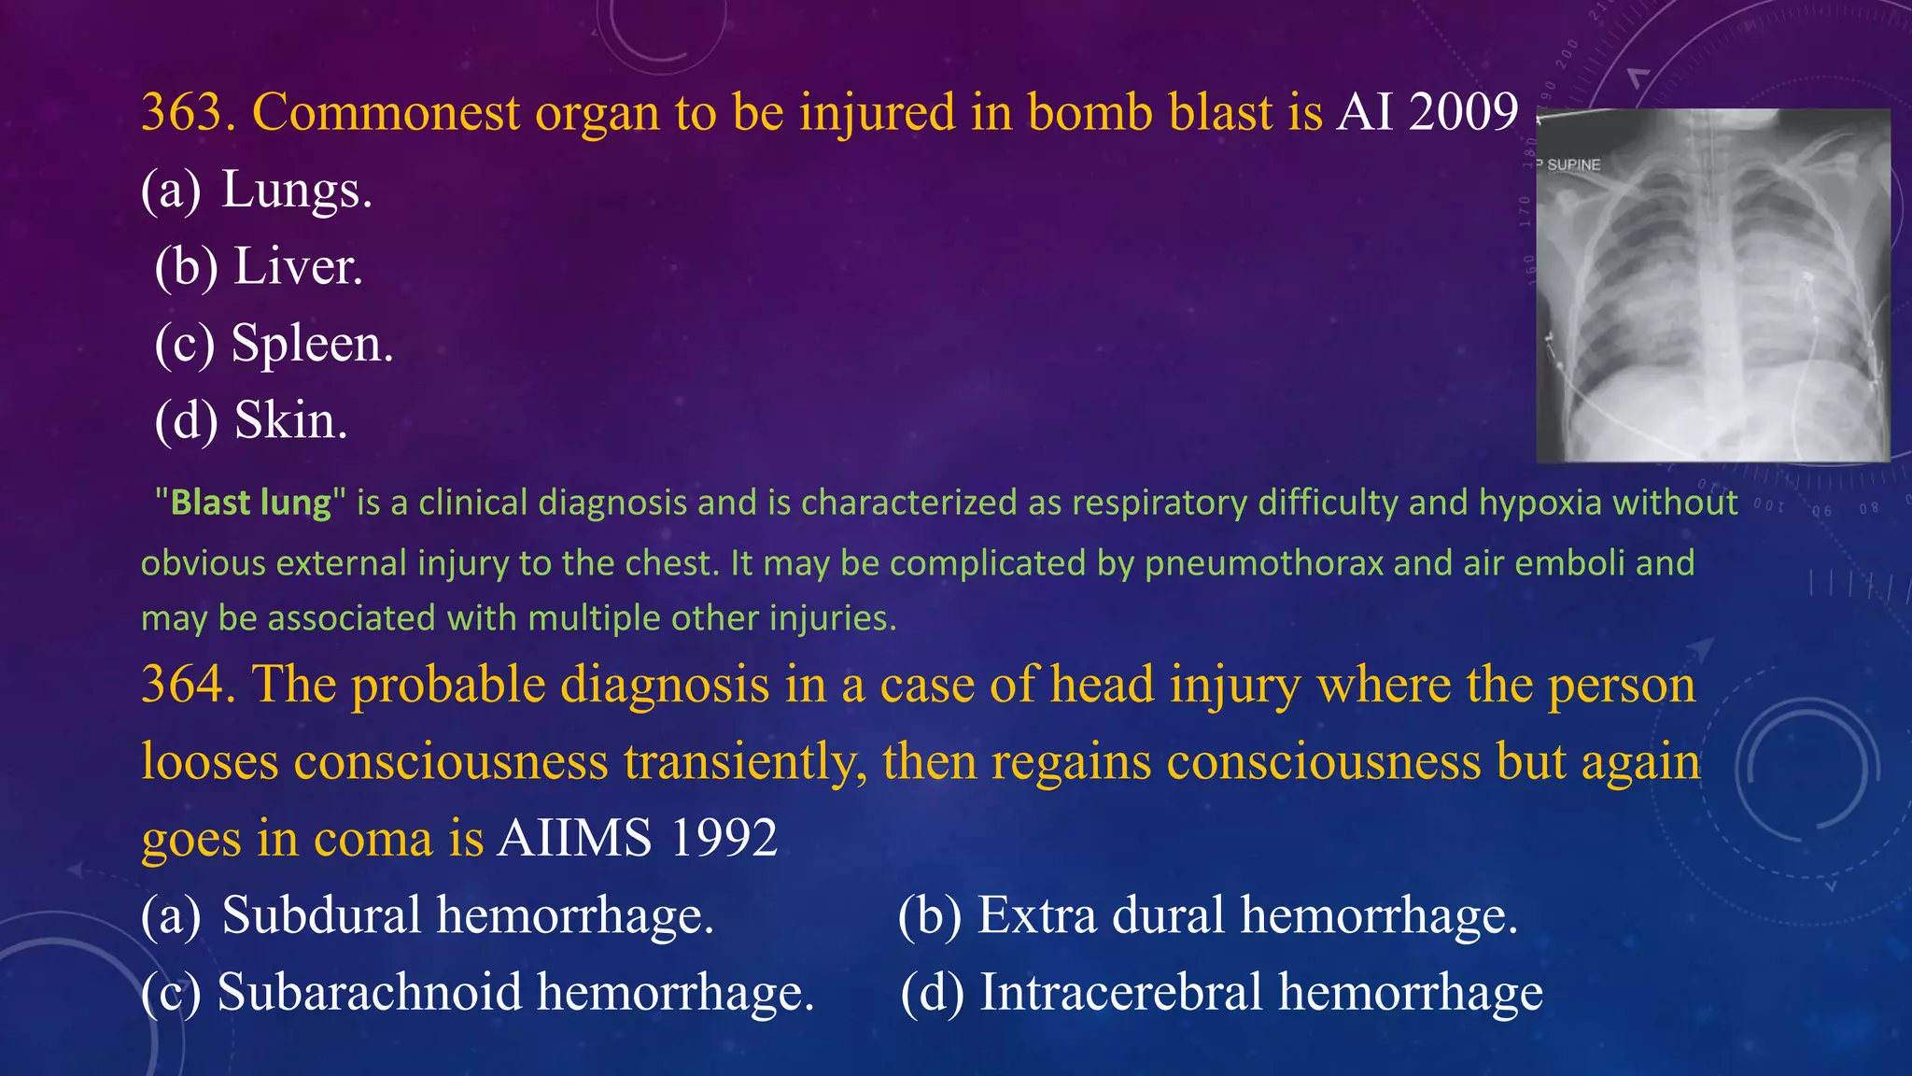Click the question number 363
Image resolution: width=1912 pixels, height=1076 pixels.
tap(188, 113)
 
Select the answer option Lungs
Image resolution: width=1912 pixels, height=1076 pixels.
tap(296, 190)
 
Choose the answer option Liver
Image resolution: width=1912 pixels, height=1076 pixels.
tap(297, 266)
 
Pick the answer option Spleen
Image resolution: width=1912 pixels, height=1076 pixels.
tap(312, 343)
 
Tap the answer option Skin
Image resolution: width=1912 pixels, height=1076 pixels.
tap(290, 420)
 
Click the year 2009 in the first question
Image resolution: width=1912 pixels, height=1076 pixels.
tap(1463, 113)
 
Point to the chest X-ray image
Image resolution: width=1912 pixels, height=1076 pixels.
tap(1712, 285)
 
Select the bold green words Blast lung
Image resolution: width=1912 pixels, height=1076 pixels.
tap(251, 503)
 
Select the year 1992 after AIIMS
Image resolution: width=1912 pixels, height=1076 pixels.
tap(724, 838)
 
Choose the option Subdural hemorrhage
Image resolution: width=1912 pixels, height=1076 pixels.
tap(467, 914)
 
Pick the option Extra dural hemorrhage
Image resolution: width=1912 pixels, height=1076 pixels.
tap(1246, 914)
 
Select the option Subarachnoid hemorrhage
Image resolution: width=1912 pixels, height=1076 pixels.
tap(515, 992)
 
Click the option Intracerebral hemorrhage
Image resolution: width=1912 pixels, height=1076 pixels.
tap(1260, 992)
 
